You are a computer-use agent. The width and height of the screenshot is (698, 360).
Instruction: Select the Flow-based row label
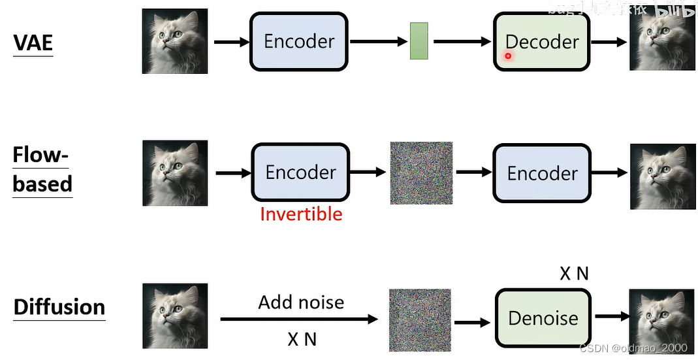click(x=42, y=170)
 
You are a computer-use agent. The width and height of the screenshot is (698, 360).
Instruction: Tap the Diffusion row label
click(x=59, y=306)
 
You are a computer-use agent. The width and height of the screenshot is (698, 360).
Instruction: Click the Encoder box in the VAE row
click(x=299, y=41)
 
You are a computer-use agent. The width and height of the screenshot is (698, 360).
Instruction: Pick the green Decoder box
click(x=541, y=41)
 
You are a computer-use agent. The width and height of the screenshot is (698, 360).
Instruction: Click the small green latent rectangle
click(x=419, y=41)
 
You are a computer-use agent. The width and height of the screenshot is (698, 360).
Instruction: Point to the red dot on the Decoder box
click(x=508, y=56)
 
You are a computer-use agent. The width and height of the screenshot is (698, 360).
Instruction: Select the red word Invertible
click(x=301, y=214)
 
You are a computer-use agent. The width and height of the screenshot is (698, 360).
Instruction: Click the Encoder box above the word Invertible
click(x=300, y=172)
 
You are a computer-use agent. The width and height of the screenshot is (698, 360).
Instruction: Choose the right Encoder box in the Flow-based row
click(x=542, y=172)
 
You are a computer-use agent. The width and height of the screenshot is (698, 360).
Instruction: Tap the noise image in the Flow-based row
click(x=421, y=173)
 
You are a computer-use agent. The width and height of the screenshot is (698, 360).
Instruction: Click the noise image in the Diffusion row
click(x=420, y=320)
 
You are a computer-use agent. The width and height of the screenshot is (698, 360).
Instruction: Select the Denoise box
click(x=543, y=318)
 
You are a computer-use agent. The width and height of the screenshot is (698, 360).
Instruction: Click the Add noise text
click(x=301, y=302)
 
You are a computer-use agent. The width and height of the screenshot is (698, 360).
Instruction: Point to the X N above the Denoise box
click(x=574, y=274)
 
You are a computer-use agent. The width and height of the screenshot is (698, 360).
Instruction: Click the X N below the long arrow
click(x=302, y=339)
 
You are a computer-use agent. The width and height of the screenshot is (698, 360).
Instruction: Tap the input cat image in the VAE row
click(x=175, y=41)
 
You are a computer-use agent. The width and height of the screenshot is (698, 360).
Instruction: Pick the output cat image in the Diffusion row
click(x=661, y=319)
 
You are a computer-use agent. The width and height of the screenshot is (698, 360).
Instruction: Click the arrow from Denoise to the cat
click(x=611, y=317)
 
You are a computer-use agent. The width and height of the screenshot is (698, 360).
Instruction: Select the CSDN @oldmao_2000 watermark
click(x=633, y=348)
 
